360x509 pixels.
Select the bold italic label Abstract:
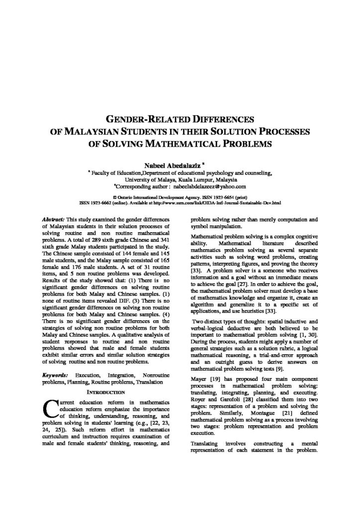[54, 219]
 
